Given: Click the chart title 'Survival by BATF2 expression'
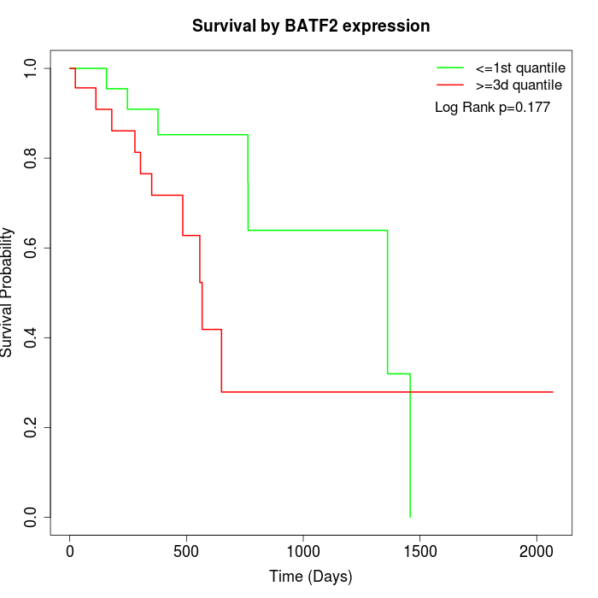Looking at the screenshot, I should tap(310, 26).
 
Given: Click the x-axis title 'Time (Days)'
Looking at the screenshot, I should tap(310, 577).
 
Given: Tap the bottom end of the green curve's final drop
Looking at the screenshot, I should tap(410, 517).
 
